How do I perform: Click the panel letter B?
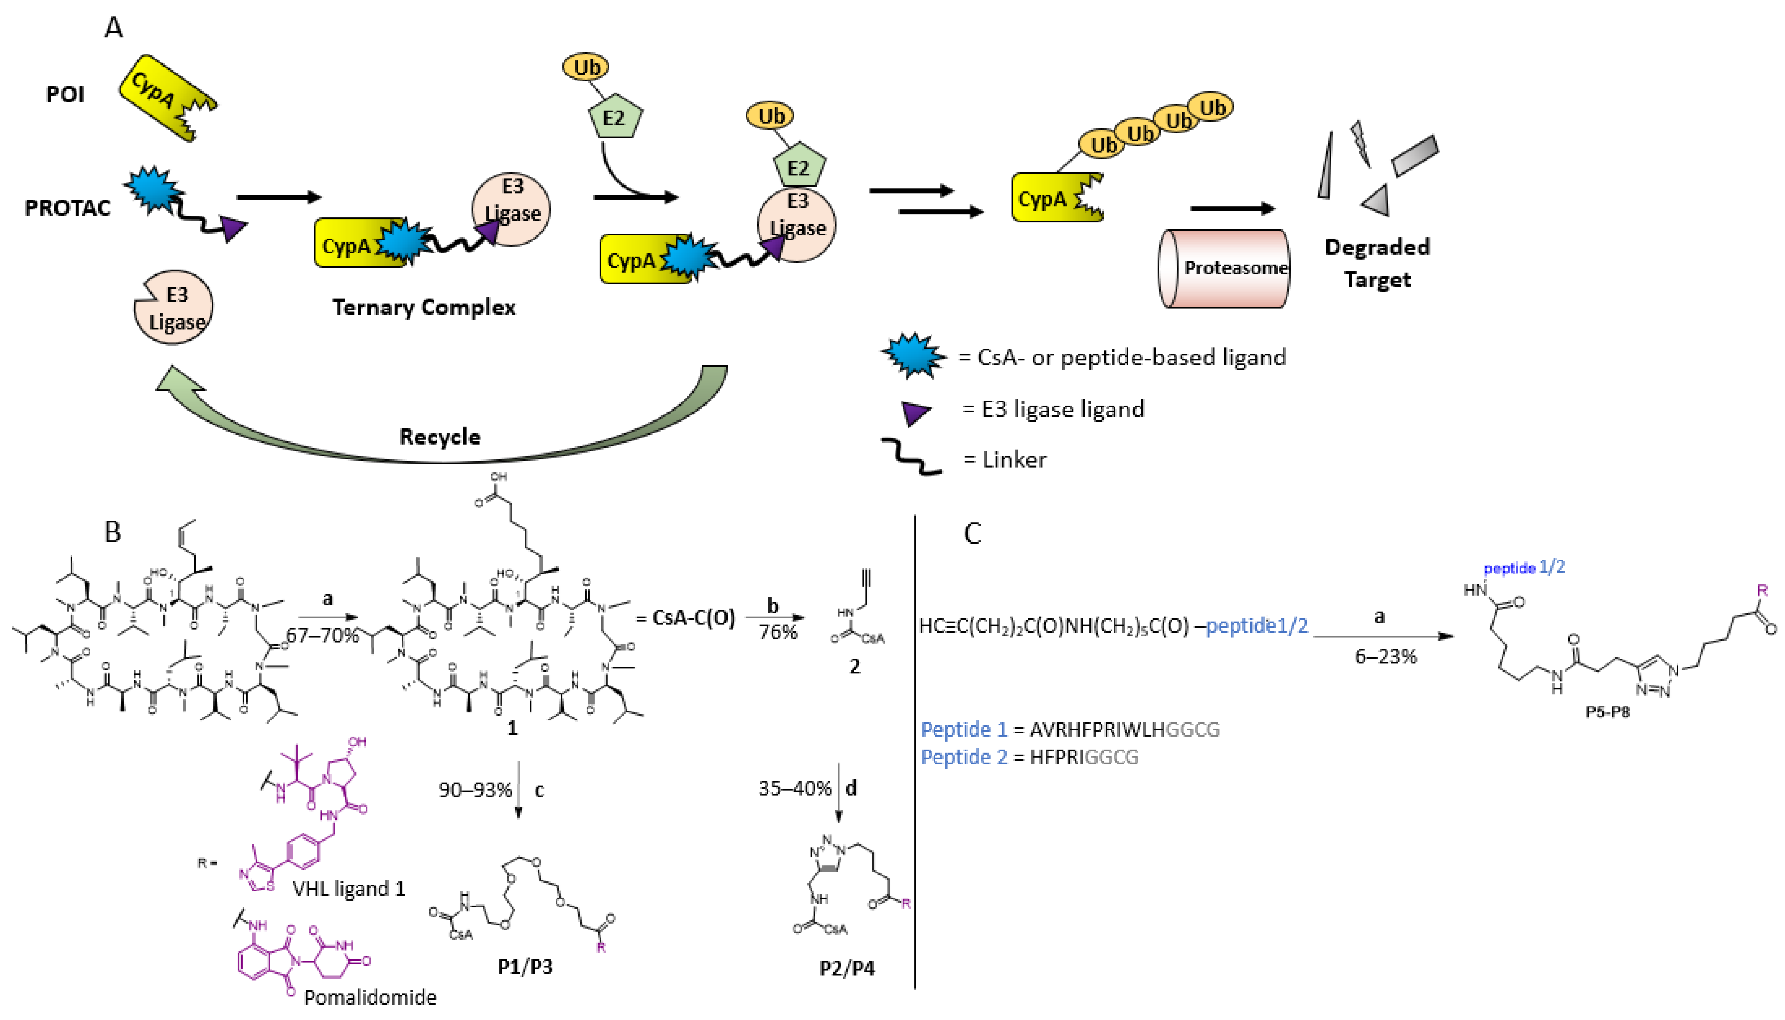[112, 533]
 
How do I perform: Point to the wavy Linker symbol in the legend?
[910, 457]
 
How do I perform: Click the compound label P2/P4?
[847, 968]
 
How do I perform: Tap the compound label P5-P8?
[1607, 712]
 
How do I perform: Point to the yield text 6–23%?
[1385, 657]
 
